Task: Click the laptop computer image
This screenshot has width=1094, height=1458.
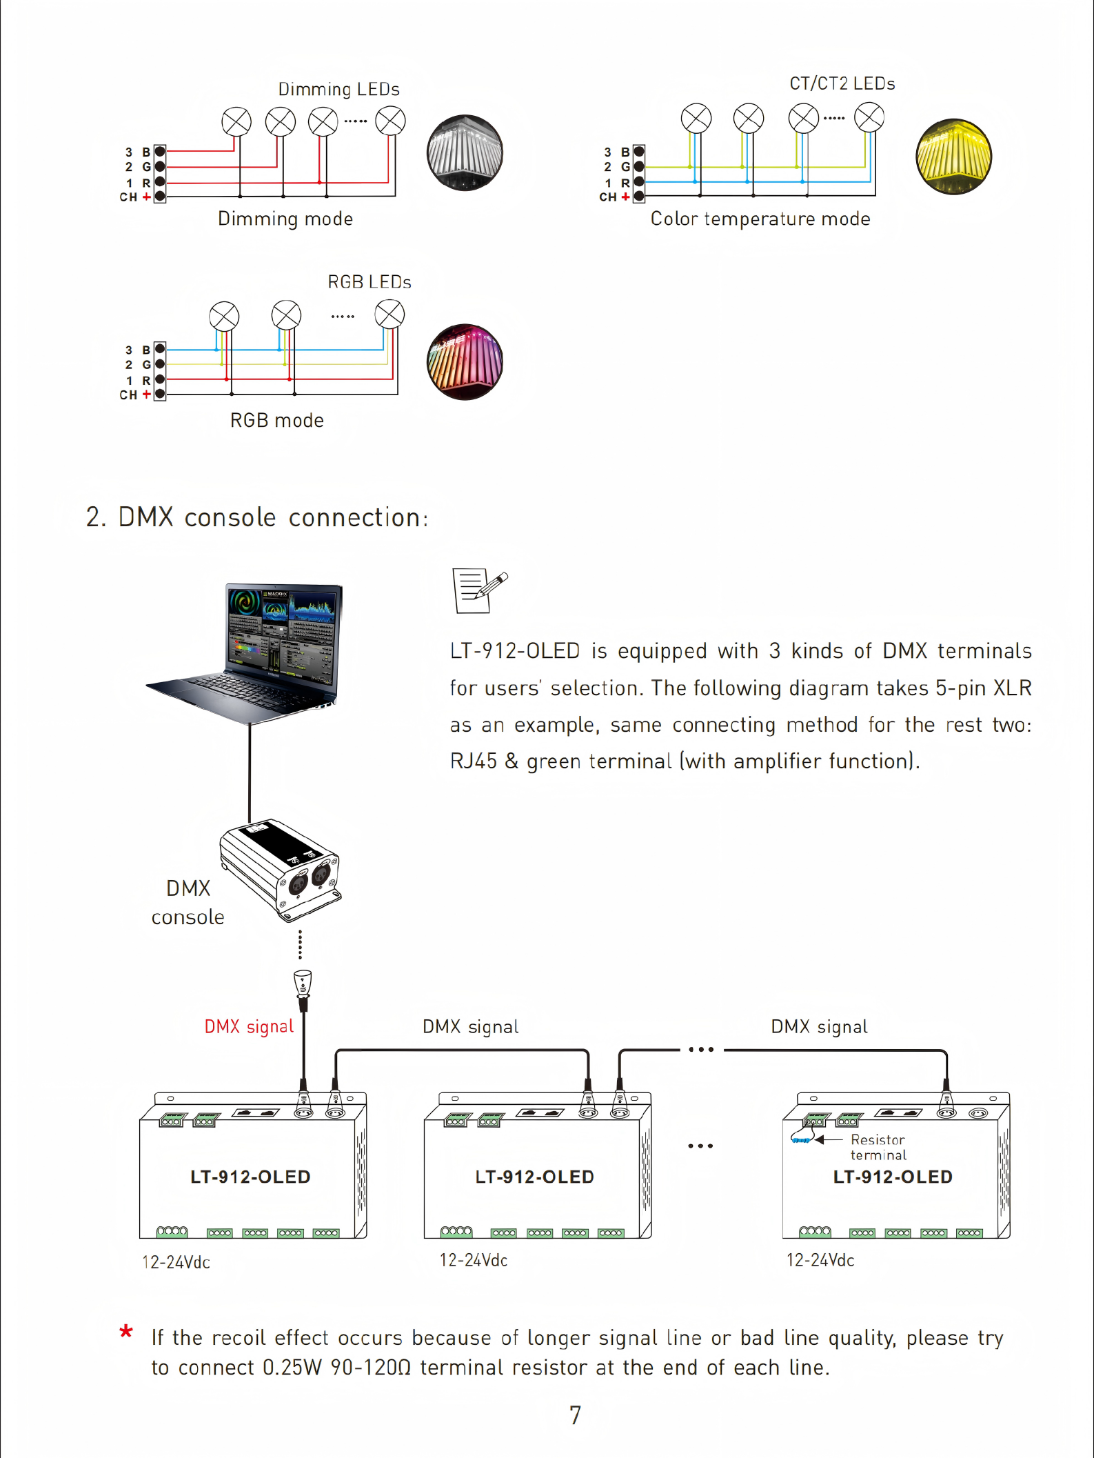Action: tap(262, 652)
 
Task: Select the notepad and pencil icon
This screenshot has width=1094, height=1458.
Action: tap(478, 590)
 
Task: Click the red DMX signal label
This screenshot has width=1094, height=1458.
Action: tap(249, 1026)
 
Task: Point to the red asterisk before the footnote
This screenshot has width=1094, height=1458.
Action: tap(126, 1332)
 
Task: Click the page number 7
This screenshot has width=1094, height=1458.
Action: tap(575, 1415)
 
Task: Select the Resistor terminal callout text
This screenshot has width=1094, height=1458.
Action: tap(878, 1147)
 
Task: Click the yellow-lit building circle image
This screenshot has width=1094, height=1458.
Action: tap(953, 157)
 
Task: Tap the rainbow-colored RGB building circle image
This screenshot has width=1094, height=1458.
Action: tap(465, 361)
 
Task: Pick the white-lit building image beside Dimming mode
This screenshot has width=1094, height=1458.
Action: tap(465, 152)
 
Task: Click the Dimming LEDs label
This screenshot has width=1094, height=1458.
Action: tap(338, 90)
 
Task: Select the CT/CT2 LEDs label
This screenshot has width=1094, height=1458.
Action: tap(842, 84)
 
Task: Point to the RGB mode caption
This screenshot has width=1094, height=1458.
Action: tap(276, 420)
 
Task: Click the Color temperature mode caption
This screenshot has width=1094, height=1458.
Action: tap(760, 219)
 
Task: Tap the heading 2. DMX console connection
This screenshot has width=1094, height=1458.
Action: tap(256, 517)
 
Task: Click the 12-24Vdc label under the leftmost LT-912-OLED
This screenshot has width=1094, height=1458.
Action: tap(176, 1262)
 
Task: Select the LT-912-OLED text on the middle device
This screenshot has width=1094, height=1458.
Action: tap(534, 1177)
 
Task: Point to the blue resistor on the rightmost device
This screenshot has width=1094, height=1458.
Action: tap(800, 1140)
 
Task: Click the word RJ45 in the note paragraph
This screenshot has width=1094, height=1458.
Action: tap(473, 761)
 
